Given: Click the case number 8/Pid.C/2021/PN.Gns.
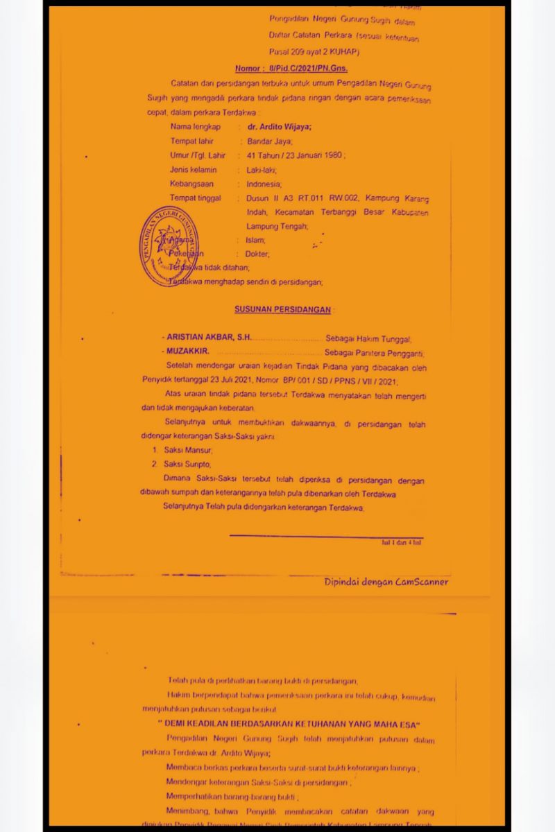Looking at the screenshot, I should [291, 69].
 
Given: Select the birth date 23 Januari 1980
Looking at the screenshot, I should [314, 156].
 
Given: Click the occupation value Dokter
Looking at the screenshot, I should [257, 254].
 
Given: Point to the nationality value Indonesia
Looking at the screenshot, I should [264, 184].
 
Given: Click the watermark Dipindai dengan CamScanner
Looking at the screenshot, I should [386, 582].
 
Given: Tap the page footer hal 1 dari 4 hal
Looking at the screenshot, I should [402, 542].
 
